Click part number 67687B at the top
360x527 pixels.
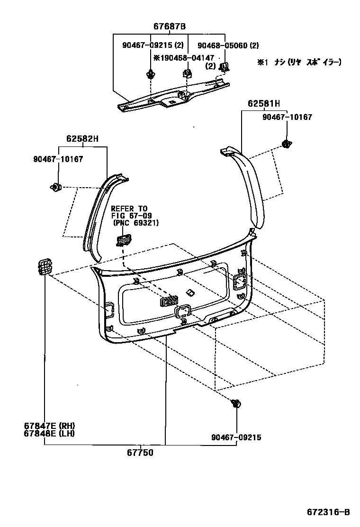coord(169,27)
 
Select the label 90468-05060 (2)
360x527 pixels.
coord(228,45)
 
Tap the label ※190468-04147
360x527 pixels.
coord(183,57)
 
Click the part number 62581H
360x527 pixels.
coord(263,103)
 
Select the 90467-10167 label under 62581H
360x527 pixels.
coord(288,117)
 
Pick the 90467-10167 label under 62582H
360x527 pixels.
coord(58,159)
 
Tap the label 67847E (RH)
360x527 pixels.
coord(50,426)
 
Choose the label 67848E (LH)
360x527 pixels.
coord(49,433)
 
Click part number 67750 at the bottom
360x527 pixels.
coord(140,453)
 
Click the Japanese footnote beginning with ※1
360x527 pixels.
coord(299,62)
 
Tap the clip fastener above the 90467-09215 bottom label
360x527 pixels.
coord(235,403)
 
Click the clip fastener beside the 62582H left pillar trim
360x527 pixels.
coord(56,187)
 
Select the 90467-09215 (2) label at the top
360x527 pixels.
coord(153,45)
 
